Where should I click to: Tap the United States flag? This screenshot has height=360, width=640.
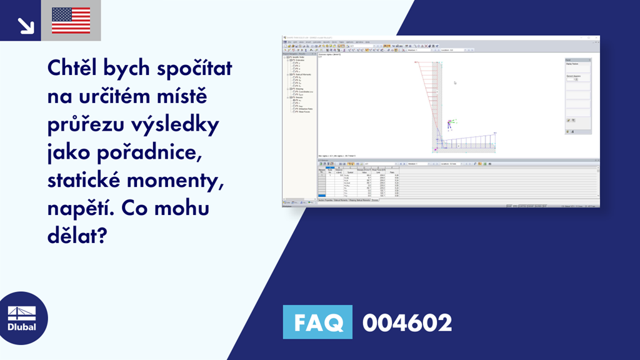click(71, 21)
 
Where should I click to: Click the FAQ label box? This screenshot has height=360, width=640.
click(317, 323)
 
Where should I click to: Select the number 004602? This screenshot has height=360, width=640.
click(407, 323)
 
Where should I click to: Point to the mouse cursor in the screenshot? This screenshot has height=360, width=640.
click(455, 82)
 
